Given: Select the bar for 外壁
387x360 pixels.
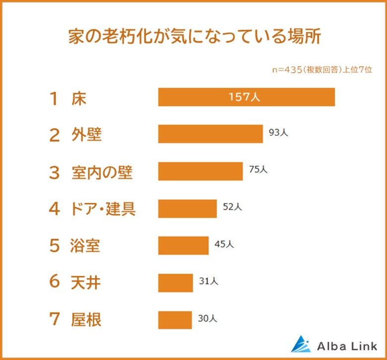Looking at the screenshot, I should [210, 134].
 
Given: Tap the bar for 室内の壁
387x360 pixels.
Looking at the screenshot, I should [200, 171].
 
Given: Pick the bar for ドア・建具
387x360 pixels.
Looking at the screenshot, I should [188, 209].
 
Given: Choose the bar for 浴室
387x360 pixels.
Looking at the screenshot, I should [183, 245].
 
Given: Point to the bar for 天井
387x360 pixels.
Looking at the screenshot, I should [176, 283].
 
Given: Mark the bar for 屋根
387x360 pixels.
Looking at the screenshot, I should [175, 319].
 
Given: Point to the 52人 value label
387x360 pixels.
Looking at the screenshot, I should [232, 208].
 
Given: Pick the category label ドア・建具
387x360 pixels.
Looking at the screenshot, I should [103, 209].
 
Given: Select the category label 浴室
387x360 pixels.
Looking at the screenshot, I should [86, 246].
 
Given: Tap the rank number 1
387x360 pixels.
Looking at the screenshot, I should [54, 98].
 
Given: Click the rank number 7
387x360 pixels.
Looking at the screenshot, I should [54, 320].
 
